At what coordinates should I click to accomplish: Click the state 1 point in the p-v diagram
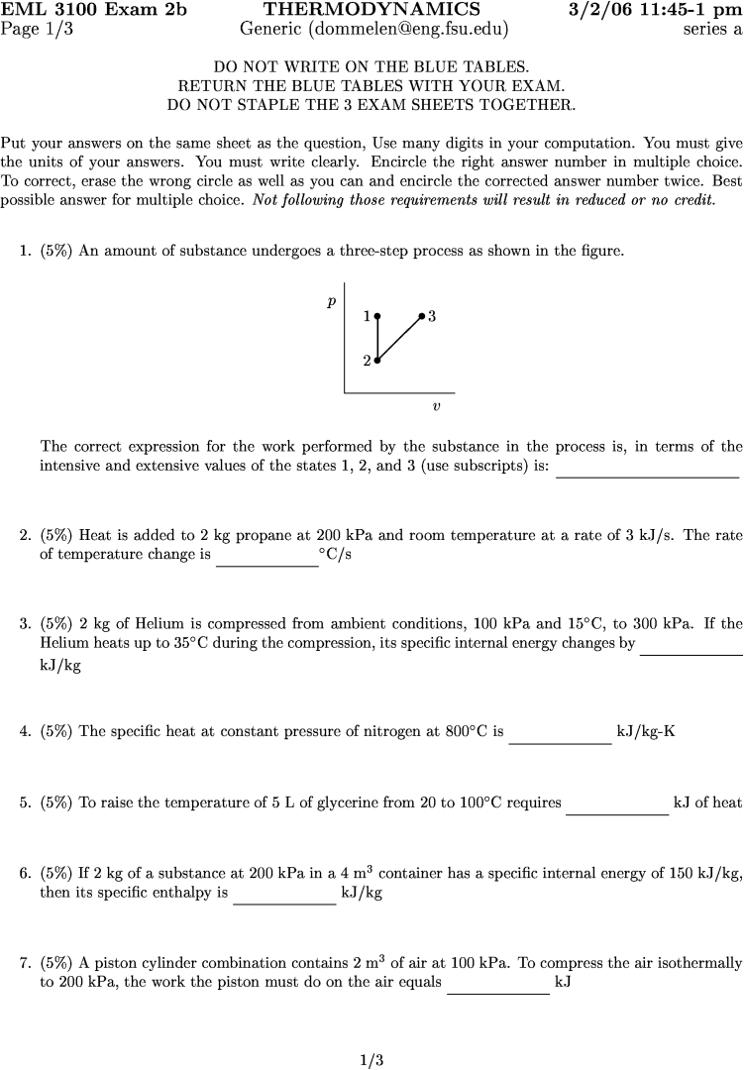(377, 316)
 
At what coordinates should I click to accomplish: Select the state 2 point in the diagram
(377, 361)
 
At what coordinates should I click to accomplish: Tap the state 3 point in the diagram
(422, 316)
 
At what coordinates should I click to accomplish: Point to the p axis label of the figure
(332, 300)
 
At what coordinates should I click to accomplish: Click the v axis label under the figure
(436, 406)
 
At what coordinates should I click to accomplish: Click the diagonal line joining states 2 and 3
(400, 338)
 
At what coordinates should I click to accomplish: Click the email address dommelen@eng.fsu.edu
(408, 29)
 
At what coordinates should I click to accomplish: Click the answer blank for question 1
(648, 475)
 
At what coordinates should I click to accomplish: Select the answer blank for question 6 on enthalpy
(284, 902)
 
